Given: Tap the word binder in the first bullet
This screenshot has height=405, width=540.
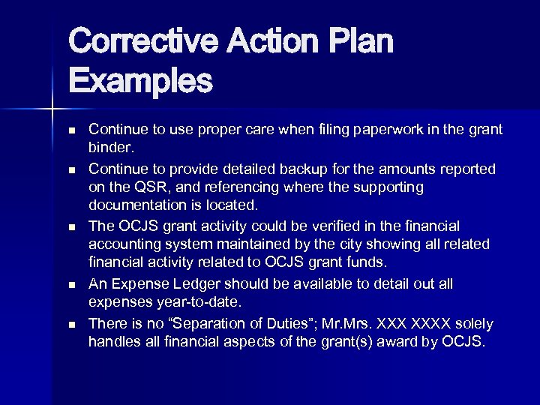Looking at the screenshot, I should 109,148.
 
